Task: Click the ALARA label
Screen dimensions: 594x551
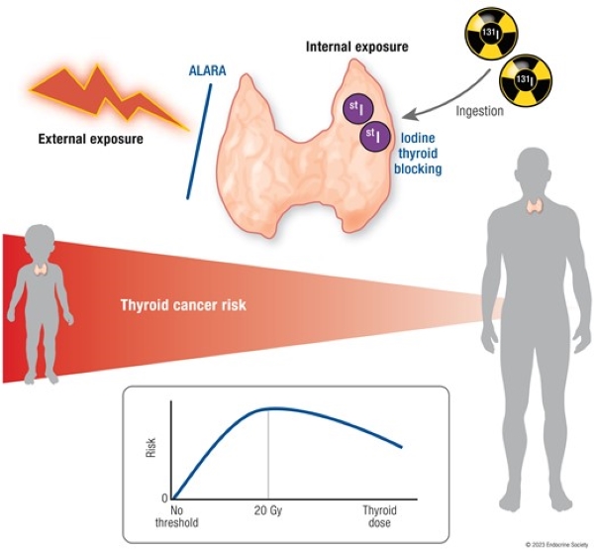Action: tap(207, 71)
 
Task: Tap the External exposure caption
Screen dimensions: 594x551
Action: tap(91, 139)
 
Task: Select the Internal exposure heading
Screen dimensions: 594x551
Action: tap(356, 47)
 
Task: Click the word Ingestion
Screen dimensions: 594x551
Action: tap(479, 111)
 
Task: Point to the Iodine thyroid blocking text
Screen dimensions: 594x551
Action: tap(418, 154)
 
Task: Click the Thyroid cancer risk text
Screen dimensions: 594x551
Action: tap(183, 305)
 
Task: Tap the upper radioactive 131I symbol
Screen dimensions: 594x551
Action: tap(491, 33)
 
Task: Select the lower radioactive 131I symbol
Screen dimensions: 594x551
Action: tap(526, 81)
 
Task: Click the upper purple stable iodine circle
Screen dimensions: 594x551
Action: tap(358, 108)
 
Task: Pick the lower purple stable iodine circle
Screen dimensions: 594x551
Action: tap(374, 136)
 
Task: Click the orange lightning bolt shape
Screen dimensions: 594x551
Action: tap(110, 97)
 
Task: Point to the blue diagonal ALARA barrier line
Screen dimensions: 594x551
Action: tap(199, 141)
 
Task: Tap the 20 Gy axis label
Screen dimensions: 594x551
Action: tap(268, 510)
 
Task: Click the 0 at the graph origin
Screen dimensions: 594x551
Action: tap(164, 498)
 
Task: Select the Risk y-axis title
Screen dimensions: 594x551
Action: tap(150, 448)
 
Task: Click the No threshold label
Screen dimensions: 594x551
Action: tap(176, 516)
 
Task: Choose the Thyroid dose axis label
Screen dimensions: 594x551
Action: tap(379, 516)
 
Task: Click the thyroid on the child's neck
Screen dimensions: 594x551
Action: tap(41, 270)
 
